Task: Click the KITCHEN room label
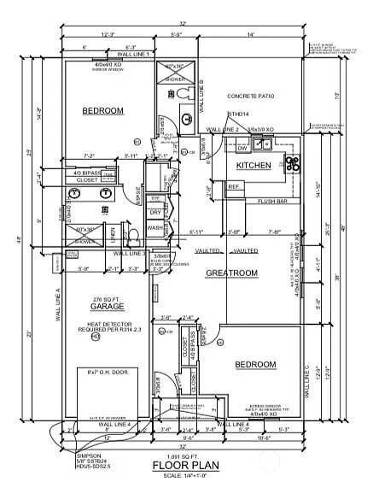(254, 164)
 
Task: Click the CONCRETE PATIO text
(254, 97)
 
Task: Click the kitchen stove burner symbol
(292, 162)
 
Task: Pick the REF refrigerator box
(234, 186)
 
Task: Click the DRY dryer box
(155, 212)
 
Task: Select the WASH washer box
(154, 228)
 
